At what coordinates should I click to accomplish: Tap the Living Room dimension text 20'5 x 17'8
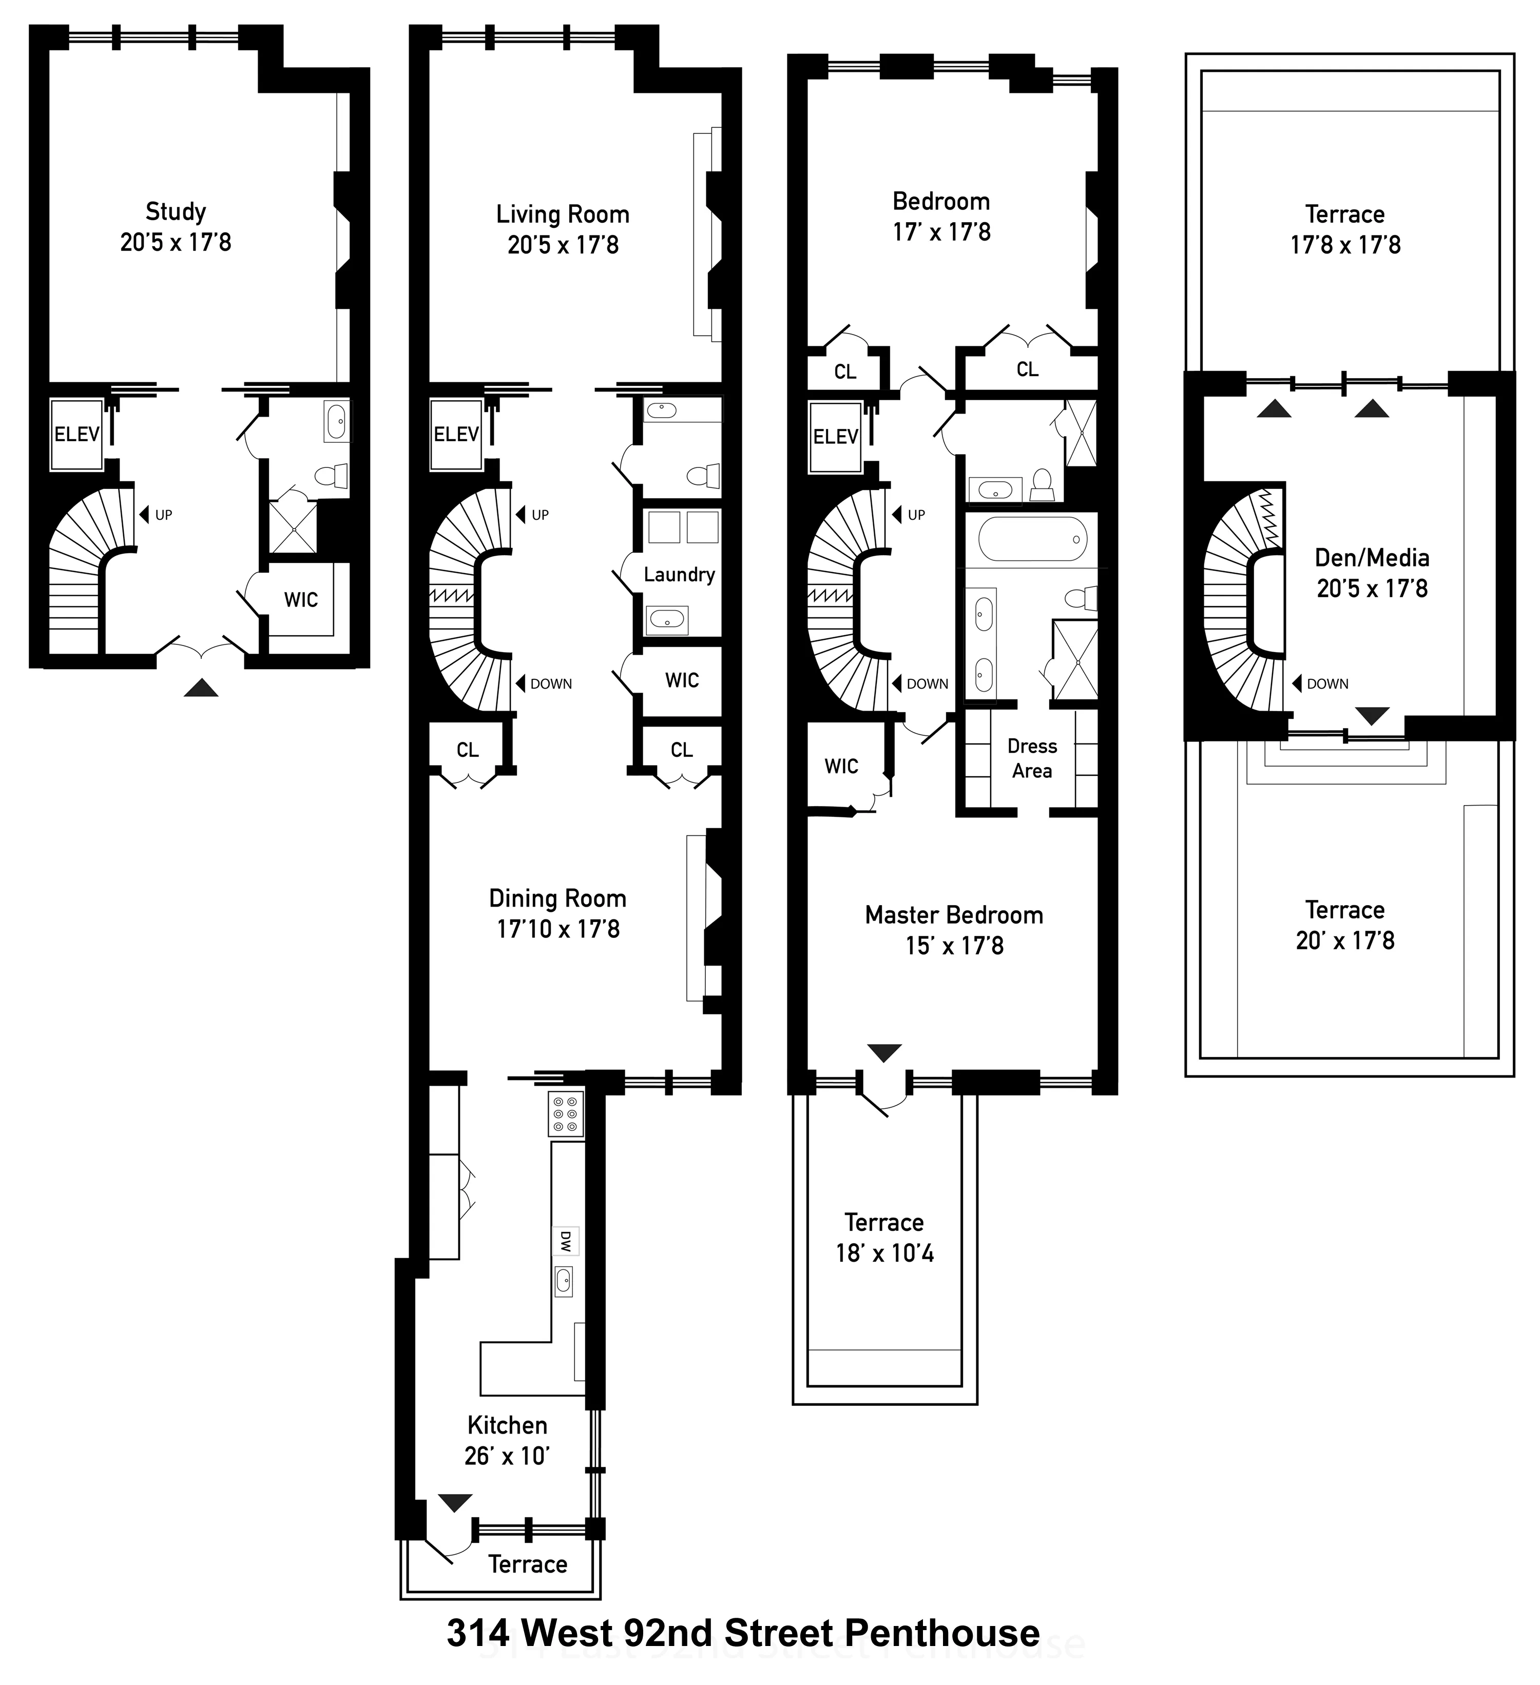click(x=563, y=245)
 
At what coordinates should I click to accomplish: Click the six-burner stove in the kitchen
click(x=565, y=1113)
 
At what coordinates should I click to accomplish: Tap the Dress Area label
click(x=1032, y=758)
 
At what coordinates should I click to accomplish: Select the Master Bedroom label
click(x=954, y=915)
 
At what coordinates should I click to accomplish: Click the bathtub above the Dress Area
click(x=1032, y=539)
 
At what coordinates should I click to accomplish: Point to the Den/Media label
click(x=1372, y=558)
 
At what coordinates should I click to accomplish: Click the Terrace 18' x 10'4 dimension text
click(x=884, y=1253)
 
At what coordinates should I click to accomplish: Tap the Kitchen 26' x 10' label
click(x=507, y=1441)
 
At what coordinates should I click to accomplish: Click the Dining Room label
click(x=557, y=898)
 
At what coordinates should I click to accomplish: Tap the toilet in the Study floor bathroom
click(x=332, y=477)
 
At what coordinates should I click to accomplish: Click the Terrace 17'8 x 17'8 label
click(x=1345, y=215)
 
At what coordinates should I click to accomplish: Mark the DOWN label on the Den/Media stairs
click(x=1327, y=683)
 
